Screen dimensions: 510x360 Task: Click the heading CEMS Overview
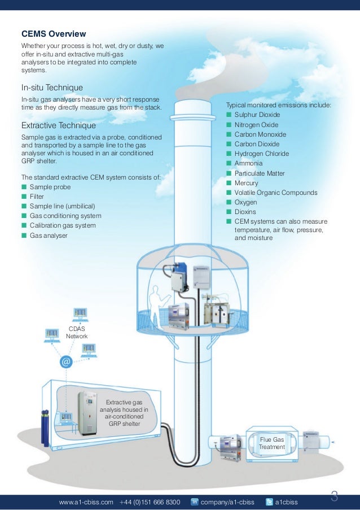pos(54,34)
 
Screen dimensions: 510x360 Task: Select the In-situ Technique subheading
pos(52,88)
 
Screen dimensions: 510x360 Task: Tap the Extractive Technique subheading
pos(58,125)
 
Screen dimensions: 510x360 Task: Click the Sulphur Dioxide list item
pos(257,115)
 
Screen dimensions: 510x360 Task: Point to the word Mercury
pos(246,183)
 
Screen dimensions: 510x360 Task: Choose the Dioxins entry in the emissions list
pos(245,212)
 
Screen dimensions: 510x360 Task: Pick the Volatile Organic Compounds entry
pos(275,193)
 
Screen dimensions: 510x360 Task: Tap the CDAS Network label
pos(77,332)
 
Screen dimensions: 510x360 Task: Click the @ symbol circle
pos(66,361)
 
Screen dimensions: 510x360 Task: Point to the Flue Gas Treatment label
pos(271,443)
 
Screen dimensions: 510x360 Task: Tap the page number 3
pos(334,497)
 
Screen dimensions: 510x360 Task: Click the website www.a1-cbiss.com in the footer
pos(86,502)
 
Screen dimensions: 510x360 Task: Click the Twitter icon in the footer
pos(269,502)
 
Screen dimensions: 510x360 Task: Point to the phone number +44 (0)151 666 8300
pos(150,502)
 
